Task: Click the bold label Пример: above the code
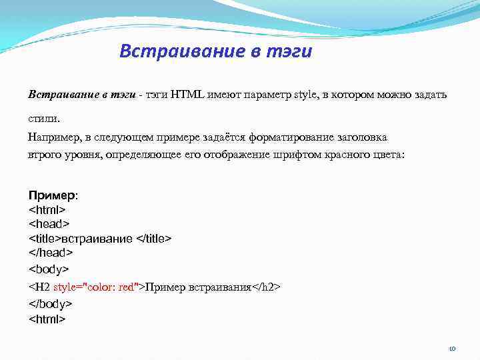[53, 195]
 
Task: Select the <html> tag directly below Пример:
[47, 209]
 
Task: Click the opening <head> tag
[49, 224]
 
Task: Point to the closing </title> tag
[154, 239]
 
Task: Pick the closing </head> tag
[51, 253]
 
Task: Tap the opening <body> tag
[49, 269]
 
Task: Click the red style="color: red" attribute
[97, 287]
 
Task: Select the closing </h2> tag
[266, 287]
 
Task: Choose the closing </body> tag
[51, 303]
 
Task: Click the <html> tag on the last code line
[47, 319]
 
